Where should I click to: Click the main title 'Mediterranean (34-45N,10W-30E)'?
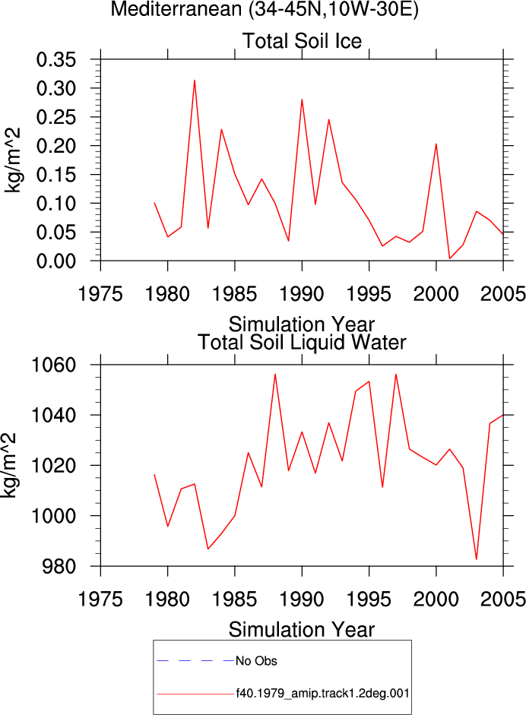click(x=265, y=9)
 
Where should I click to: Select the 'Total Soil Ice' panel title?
click(x=302, y=41)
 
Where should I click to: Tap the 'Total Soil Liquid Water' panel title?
click(x=302, y=343)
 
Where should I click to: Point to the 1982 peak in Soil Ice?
click(x=195, y=81)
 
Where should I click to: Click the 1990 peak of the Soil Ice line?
click(x=302, y=100)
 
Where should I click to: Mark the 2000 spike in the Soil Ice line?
click(x=436, y=144)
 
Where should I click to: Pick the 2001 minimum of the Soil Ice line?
click(x=450, y=258)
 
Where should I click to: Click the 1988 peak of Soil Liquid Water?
click(x=275, y=374)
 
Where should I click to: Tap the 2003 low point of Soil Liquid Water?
click(x=477, y=559)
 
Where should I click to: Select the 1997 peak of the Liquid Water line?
click(x=395, y=374)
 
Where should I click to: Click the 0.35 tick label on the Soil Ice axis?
click(x=56, y=60)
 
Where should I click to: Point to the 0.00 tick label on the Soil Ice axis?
click(x=56, y=261)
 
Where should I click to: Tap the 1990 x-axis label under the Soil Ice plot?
click(x=302, y=293)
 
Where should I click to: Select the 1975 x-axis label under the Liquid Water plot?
click(x=100, y=599)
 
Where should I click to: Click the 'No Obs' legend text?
click(x=256, y=661)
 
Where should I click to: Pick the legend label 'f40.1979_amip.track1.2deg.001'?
click(x=322, y=694)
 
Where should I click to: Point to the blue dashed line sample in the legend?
click(x=195, y=660)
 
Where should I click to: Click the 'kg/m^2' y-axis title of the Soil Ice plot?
click(x=12, y=160)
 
